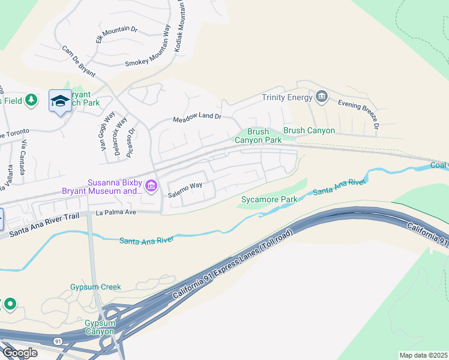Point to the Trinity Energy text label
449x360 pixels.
coord(287,97)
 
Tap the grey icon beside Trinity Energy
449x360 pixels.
coord(322,97)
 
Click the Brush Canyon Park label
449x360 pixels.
coord(258,136)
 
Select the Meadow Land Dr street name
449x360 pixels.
coord(197,118)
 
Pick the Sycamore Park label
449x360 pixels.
coord(269,199)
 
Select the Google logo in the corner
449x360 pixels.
coord(19,352)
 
